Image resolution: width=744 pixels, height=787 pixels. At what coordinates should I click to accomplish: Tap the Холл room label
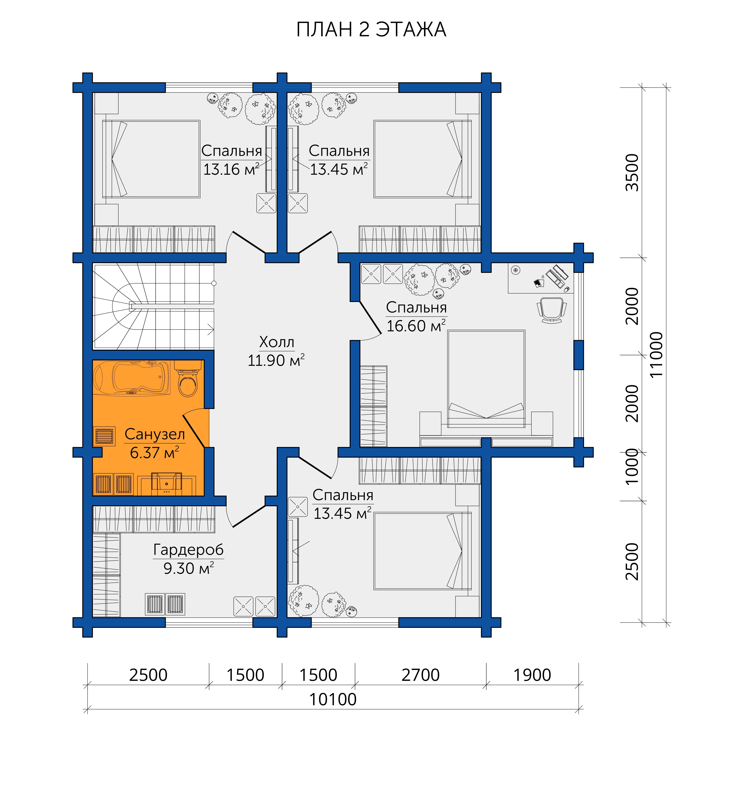[x=277, y=342]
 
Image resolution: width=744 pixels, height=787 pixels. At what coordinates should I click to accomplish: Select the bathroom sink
[x=167, y=484]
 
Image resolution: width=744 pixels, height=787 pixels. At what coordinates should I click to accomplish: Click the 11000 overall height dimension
[x=656, y=355]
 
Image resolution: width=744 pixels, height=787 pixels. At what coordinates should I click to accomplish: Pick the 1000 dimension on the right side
[x=632, y=467]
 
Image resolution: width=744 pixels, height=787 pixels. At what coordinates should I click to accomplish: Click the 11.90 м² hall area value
[x=276, y=360]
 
